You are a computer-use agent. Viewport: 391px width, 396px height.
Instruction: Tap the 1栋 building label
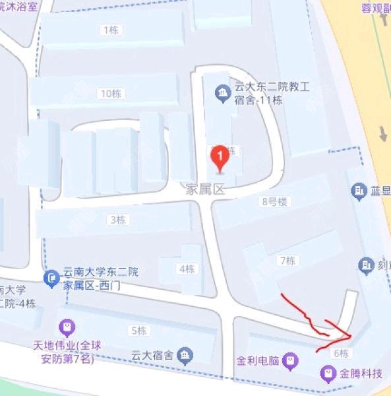pos(110,30)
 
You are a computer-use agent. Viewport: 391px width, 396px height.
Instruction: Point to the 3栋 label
pos(117,220)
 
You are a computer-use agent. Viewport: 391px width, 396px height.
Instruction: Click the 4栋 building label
pos(187,269)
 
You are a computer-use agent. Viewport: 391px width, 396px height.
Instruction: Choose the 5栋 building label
pos(138,331)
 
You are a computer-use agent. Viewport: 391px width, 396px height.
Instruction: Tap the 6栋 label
pos(341,353)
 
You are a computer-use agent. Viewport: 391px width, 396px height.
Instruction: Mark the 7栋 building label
pos(287,261)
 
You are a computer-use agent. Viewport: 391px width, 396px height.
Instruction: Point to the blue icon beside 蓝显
pos(359,191)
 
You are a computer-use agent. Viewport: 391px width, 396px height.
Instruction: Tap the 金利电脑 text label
pos(256,361)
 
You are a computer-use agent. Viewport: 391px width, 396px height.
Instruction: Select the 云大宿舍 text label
pos(152,355)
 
